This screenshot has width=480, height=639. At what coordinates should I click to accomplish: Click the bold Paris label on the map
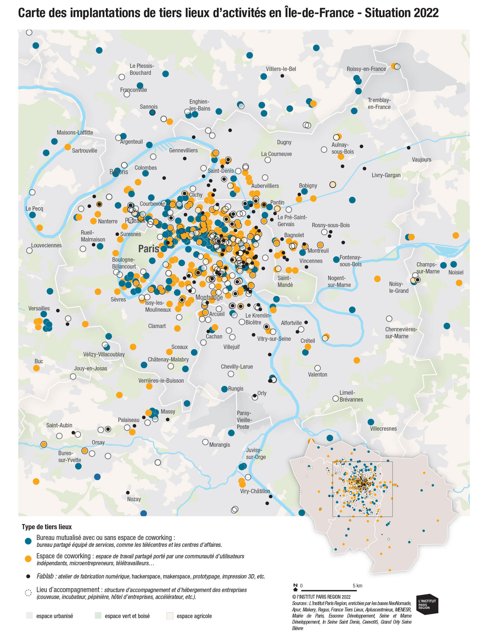148,249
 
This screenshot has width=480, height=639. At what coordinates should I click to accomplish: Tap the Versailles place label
39,308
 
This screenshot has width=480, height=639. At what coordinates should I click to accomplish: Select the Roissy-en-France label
366,69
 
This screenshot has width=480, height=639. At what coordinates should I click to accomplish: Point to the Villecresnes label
383,429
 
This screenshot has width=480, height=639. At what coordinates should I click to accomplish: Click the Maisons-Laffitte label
75,133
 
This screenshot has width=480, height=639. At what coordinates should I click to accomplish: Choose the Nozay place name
134,499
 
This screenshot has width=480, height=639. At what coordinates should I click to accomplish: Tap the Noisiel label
456,272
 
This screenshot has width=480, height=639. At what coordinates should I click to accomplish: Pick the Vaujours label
421,160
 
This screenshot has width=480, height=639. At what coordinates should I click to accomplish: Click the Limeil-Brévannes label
351,396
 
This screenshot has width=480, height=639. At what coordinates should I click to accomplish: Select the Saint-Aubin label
59,425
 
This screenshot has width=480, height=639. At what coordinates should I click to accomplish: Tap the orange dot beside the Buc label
36,368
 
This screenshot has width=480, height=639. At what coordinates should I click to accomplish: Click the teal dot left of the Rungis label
224,389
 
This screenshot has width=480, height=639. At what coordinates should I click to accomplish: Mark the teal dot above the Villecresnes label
371,422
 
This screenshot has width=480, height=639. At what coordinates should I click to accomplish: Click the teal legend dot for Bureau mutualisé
28,541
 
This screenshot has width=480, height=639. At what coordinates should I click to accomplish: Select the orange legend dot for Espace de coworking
28,559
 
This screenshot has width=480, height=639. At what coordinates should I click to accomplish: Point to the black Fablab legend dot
28,576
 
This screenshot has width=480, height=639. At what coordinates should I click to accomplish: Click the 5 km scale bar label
357,586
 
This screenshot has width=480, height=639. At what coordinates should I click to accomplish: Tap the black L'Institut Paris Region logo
427,604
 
